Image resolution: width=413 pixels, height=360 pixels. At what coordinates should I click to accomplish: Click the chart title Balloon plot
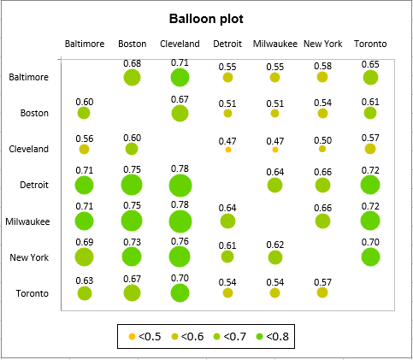205,19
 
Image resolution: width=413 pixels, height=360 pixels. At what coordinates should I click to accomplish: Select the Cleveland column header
180,44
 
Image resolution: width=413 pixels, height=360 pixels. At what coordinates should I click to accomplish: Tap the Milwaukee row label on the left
29,221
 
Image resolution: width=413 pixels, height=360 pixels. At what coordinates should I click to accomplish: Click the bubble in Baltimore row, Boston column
132,78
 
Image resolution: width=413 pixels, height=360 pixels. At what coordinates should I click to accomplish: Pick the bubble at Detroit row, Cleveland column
180,186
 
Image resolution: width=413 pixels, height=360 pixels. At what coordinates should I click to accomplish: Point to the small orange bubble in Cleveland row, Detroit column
227,150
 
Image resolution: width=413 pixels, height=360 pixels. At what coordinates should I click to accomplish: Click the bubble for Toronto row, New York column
322,292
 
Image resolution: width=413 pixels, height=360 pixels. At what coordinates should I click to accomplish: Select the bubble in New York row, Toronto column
369,257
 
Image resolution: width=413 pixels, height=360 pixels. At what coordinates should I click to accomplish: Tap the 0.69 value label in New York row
84,243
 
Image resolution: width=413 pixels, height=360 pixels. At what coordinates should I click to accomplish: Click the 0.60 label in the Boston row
84,102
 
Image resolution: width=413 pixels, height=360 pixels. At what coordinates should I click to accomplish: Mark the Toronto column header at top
369,44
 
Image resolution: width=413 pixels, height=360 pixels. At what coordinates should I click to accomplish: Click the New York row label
30,257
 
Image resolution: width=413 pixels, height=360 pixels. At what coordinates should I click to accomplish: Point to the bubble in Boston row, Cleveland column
180,114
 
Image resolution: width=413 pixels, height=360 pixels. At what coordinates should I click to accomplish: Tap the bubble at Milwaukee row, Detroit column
227,221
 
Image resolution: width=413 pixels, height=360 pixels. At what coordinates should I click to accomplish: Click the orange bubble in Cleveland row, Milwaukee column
274,150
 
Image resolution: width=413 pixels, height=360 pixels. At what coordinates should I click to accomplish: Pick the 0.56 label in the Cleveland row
84,138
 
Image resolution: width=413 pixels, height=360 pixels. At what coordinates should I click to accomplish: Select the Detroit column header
227,44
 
